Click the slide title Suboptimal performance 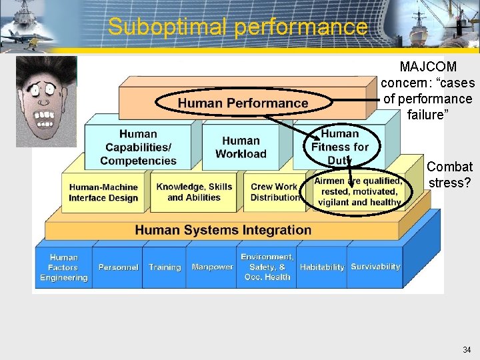point(237,27)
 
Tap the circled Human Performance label point(243,103)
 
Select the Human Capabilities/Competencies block point(138,147)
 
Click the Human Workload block point(241,147)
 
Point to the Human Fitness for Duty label point(340,146)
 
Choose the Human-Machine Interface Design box point(103,193)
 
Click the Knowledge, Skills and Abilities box point(194,192)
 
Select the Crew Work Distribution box point(274,192)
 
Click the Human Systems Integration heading point(223,230)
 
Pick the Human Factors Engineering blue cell point(64,267)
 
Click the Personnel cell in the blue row point(118,267)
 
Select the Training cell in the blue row point(165,267)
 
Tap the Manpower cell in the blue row point(212,267)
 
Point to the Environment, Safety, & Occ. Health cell point(267,267)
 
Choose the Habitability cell point(322,267)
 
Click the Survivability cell point(375,267)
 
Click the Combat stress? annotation point(450,175)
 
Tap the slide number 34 point(467,350)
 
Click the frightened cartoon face point(46,101)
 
